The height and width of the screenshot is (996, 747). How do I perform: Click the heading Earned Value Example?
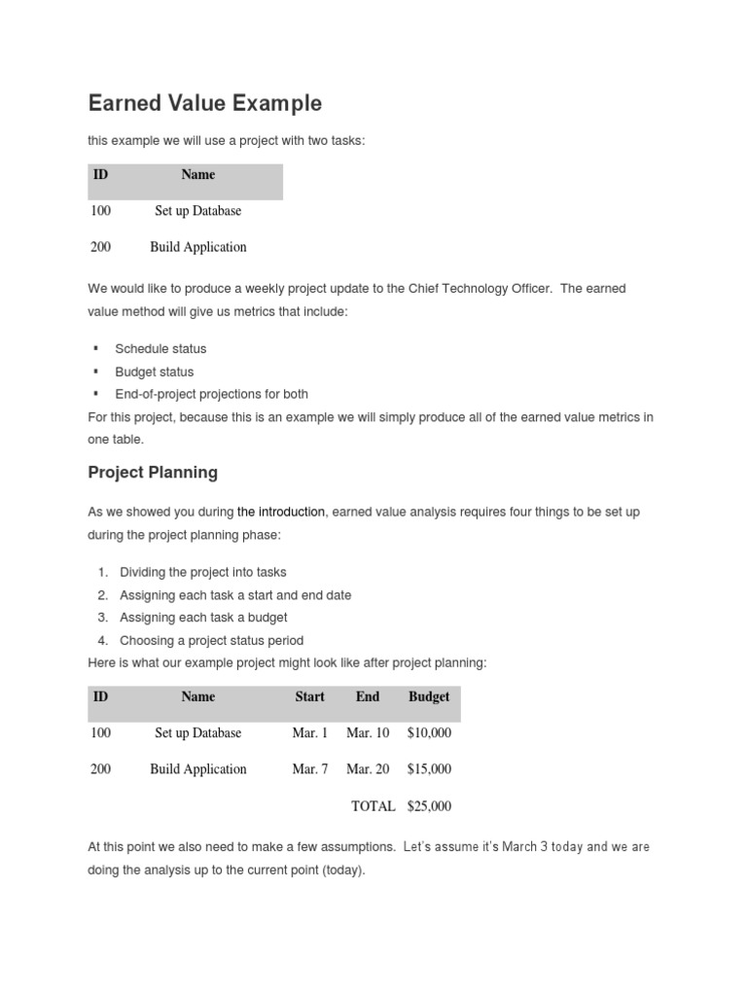pos(204,103)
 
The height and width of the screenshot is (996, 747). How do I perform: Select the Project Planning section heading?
pos(153,473)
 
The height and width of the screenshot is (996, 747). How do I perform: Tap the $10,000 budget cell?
pos(429,733)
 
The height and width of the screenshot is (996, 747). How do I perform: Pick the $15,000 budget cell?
pos(429,769)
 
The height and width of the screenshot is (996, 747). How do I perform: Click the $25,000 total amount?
pos(429,806)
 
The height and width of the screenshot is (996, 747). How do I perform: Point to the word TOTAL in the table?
pos(373,806)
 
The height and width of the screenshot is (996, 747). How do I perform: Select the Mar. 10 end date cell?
pos(368,733)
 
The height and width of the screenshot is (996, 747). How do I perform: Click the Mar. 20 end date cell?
pos(368,769)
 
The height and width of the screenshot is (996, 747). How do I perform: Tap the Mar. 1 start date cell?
pos(310,733)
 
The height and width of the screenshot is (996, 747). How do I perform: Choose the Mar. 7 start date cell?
pos(310,769)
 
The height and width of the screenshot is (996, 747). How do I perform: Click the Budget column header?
pos(429,697)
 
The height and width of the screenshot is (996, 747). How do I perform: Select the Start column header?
pos(310,697)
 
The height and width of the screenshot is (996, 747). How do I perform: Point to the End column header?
pos(368,697)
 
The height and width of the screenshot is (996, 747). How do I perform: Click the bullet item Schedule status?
pos(160,349)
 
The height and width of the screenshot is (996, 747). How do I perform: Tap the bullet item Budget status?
pos(154,372)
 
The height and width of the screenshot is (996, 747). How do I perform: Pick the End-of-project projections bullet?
pos(211,394)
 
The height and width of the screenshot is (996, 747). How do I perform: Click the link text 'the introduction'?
pos(281,512)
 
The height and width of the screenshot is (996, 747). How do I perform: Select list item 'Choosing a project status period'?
pos(211,640)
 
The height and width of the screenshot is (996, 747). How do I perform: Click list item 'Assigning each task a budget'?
pos(203,618)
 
